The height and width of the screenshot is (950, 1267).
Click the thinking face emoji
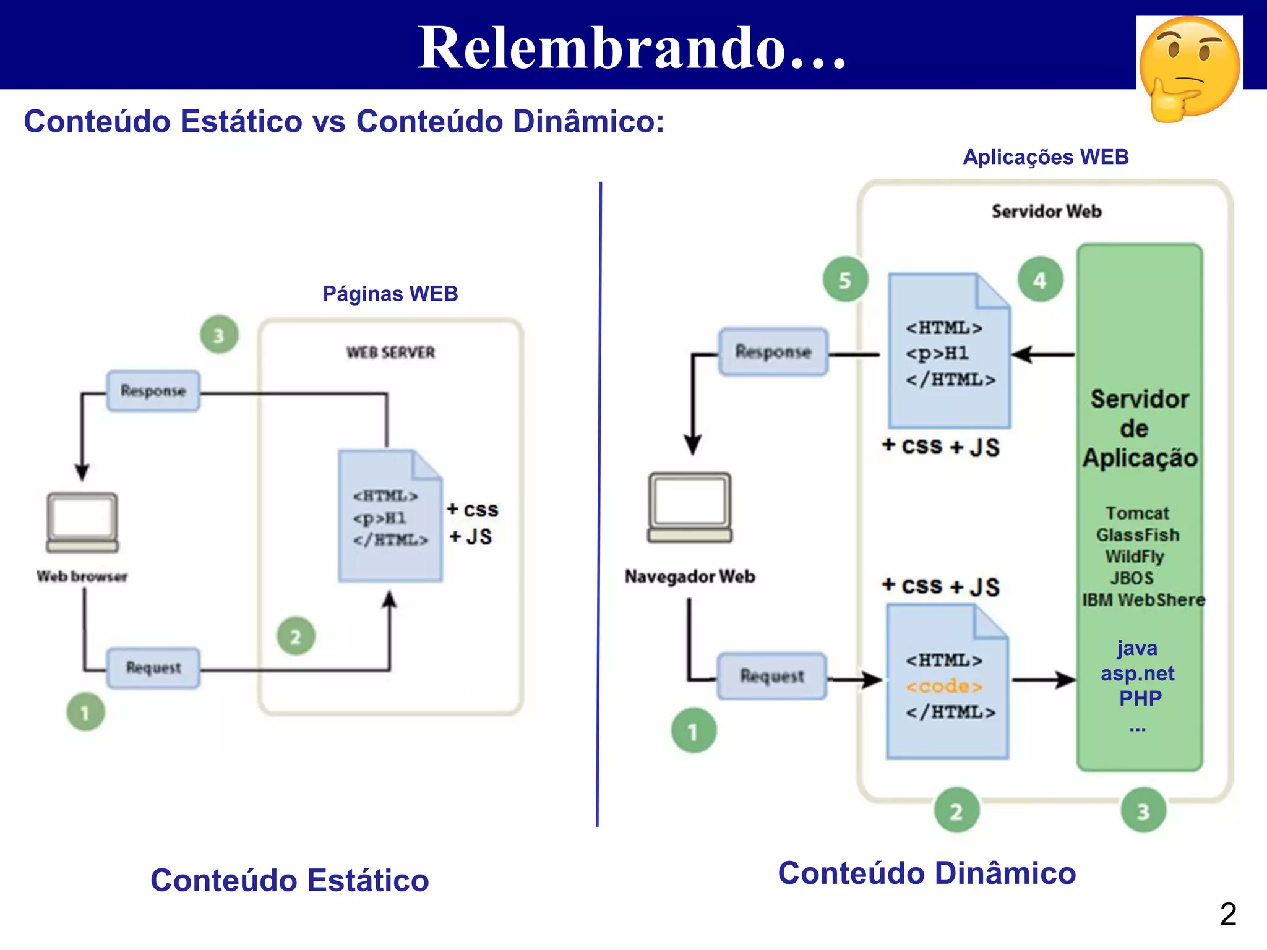click(1189, 68)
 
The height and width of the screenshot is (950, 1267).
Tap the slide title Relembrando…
click(632, 48)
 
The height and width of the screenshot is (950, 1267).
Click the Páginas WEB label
click(390, 294)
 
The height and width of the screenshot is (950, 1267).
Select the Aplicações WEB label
click(1046, 157)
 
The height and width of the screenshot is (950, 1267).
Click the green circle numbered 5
click(845, 280)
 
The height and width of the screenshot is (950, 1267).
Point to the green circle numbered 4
click(1040, 280)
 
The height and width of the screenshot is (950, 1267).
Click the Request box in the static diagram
click(153, 668)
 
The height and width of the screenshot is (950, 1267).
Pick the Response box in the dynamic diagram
click(773, 352)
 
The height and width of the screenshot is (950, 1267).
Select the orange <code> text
click(944, 687)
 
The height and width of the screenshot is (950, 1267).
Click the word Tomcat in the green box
click(1137, 513)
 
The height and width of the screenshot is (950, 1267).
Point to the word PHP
click(1140, 698)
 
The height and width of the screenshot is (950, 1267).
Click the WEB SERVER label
click(390, 353)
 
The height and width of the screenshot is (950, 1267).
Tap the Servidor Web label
click(1046, 212)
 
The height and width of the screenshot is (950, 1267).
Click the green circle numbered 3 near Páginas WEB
click(219, 335)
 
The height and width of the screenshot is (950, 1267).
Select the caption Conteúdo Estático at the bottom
click(290, 880)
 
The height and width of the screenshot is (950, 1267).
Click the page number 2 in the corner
click(1227, 914)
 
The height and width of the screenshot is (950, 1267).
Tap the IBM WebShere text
click(1143, 600)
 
